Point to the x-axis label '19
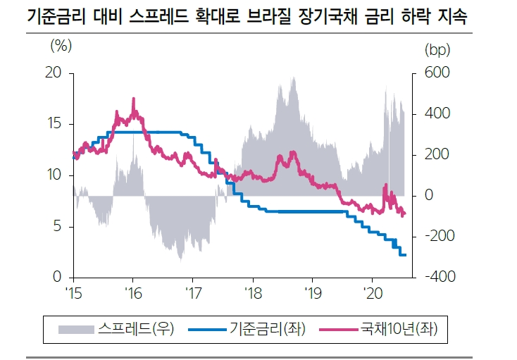tap(312, 292)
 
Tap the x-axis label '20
tap(372, 292)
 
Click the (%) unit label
tap(61, 49)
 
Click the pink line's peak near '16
tap(133, 99)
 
